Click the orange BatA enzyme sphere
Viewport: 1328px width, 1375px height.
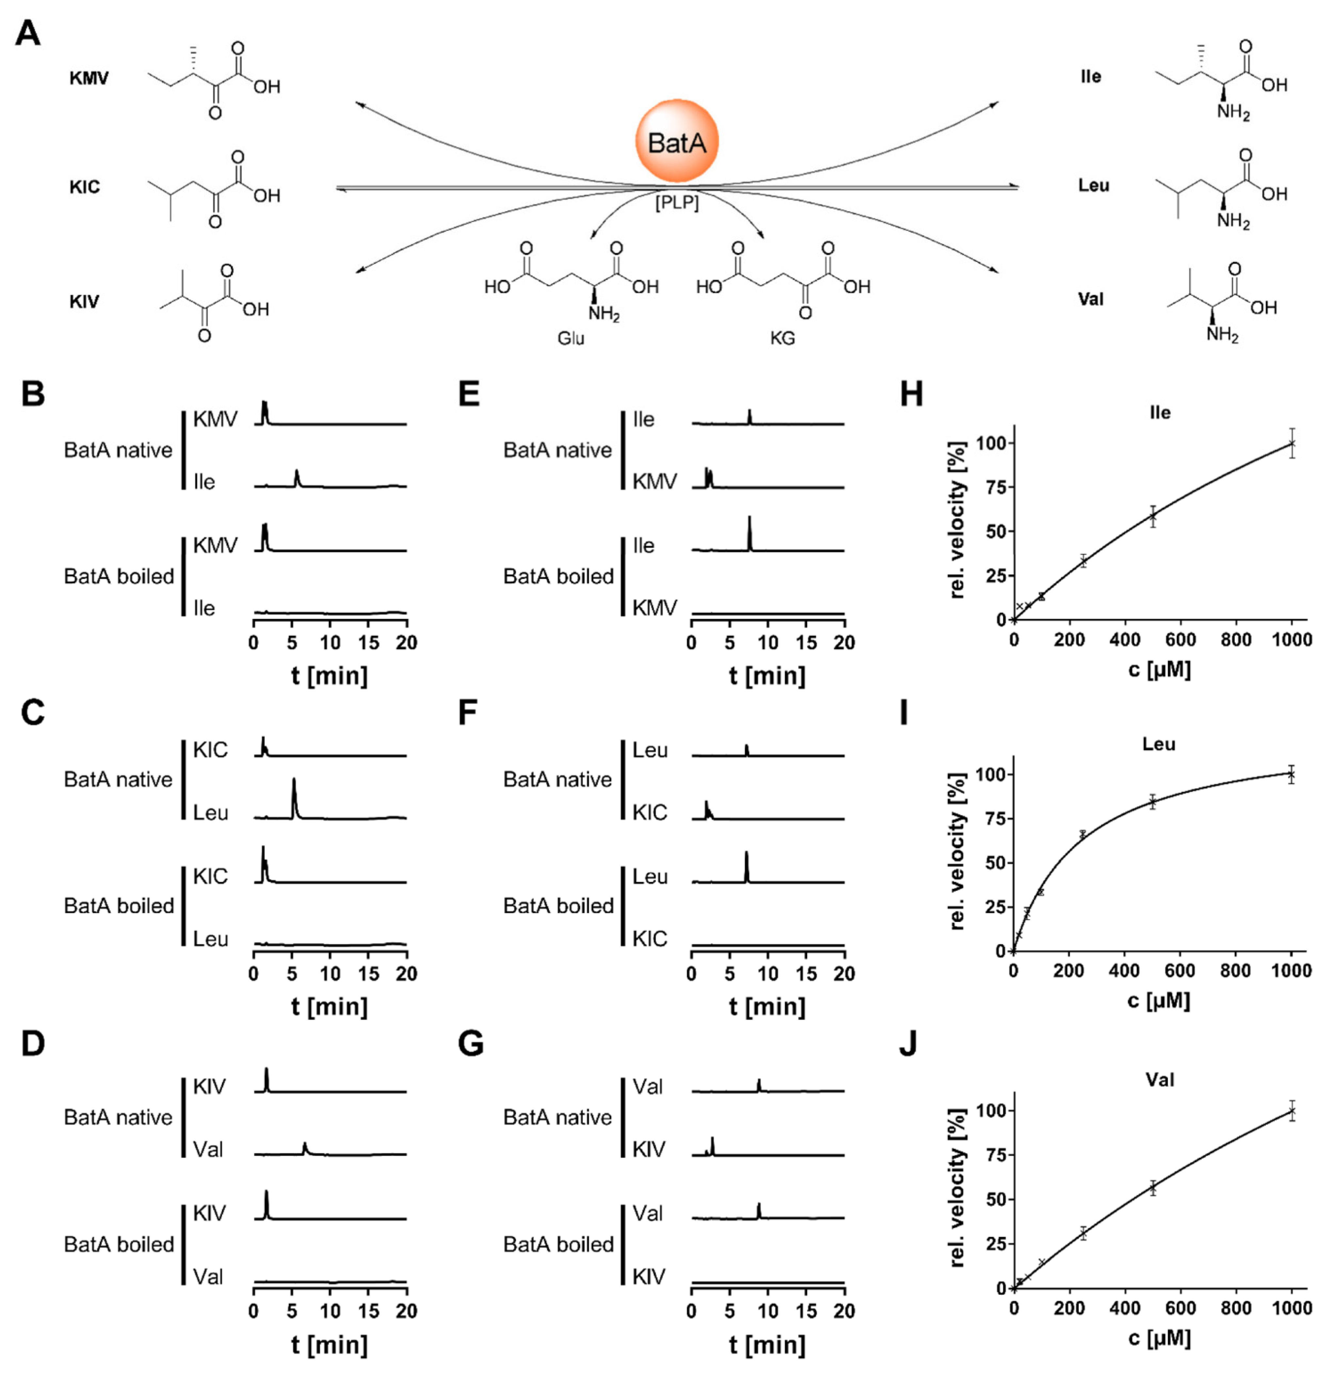click(x=676, y=141)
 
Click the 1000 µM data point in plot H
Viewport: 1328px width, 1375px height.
click(x=1291, y=443)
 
